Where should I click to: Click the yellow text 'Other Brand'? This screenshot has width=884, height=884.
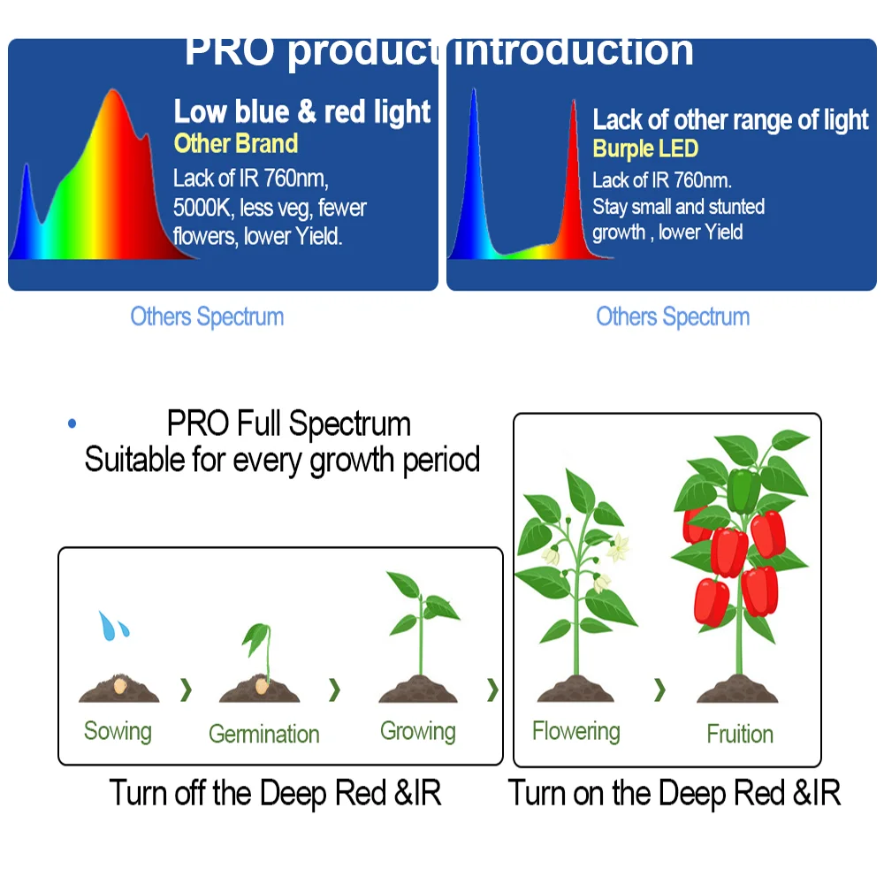[x=236, y=143]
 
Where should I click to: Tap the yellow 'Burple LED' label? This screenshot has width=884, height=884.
[x=645, y=149]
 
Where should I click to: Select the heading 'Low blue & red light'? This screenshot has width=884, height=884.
[x=302, y=111]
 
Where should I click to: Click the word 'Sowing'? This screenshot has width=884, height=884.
[x=118, y=731]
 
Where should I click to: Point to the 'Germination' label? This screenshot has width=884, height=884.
[x=263, y=734]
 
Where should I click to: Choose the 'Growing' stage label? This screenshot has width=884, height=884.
[x=418, y=731]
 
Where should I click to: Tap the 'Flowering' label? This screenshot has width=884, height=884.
[x=576, y=731]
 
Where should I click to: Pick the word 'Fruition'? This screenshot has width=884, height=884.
[x=740, y=734]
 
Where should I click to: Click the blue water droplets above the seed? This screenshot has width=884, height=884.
[x=113, y=625]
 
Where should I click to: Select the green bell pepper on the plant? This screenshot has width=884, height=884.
[x=743, y=491]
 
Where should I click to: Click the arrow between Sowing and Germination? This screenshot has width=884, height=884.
[x=186, y=690]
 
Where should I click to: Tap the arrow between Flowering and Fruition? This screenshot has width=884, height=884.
[x=659, y=690]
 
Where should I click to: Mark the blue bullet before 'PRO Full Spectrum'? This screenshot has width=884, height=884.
[x=72, y=423]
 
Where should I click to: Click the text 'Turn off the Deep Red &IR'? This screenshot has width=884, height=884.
[x=275, y=793]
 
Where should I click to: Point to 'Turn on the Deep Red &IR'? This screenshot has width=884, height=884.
[x=674, y=793]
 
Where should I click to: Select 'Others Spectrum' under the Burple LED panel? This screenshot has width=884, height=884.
[x=673, y=316]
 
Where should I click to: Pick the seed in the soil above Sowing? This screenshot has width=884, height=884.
[x=119, y=686]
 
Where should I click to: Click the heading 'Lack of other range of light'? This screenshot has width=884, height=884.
[x=731, y=120]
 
